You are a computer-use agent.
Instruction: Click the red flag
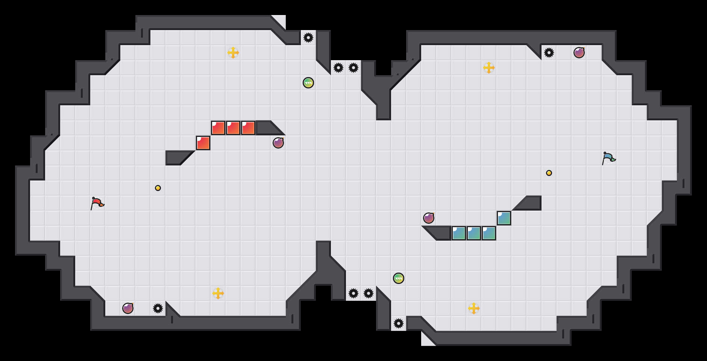[97, 203]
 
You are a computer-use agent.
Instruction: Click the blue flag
[608, 158]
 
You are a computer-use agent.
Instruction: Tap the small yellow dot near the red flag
[158, 188]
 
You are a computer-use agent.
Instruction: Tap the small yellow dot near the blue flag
[549, 173]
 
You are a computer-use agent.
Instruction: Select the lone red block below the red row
[203, 143]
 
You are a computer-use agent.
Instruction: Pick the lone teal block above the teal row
[504, 218]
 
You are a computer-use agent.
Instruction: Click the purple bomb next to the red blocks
[278, 143]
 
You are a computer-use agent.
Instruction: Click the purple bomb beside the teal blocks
[429, 218]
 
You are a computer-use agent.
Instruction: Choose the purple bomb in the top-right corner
[579, 53]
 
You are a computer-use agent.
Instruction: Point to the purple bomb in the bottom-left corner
[128, 308]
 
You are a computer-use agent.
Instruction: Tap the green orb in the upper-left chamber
[308, 83]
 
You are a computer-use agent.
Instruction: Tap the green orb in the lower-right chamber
[399, 278]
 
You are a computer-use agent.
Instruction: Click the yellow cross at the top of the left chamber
[233, 53]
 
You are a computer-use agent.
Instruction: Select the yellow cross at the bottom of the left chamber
[218, 293]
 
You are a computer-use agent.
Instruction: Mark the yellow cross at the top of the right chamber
[489, 68]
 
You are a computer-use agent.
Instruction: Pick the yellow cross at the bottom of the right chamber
[474, 308]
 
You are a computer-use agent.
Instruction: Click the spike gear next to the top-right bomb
[549, 53]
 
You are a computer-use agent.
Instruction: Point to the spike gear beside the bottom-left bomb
[158, 308]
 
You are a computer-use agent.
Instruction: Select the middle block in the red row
[233, 128]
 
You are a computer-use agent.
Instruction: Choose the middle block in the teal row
[474, 233]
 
